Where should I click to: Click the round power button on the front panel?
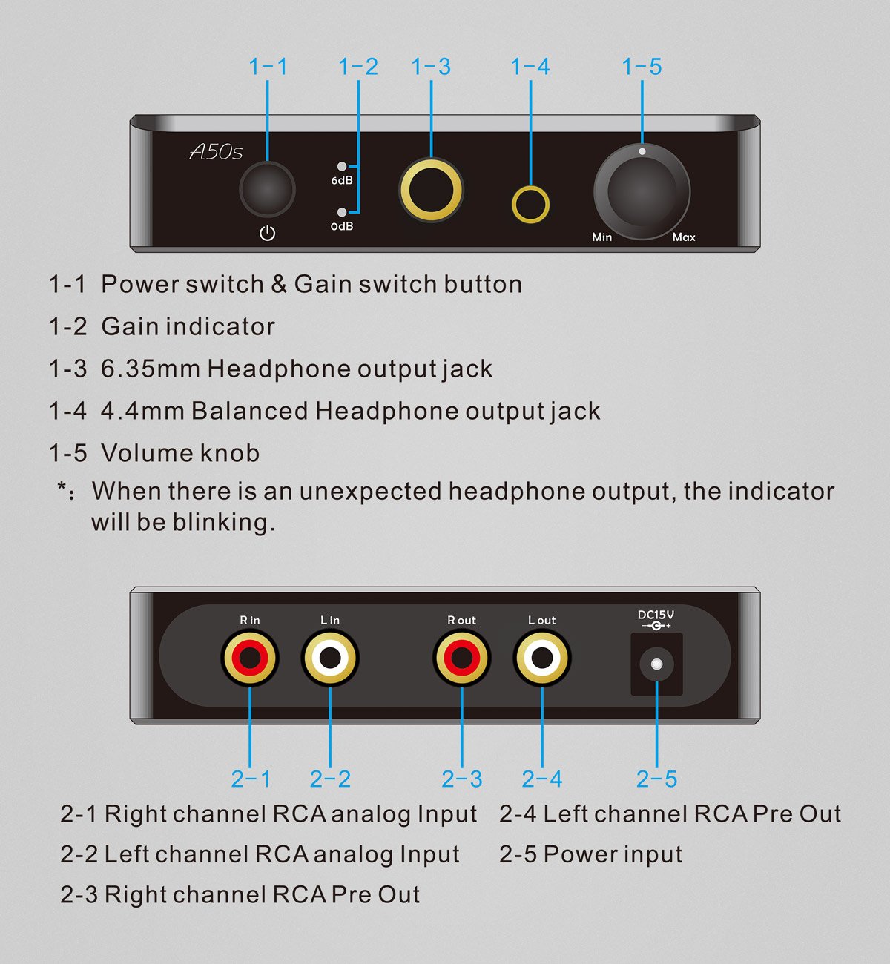pos(267,190)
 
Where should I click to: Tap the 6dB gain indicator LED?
pos(341,167)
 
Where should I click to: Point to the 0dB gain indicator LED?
pos(341,212)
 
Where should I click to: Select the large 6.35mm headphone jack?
pos(431,190)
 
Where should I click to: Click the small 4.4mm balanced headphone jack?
pos(530,204)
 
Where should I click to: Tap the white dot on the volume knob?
pos(642,151)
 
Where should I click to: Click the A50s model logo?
pos(216,152)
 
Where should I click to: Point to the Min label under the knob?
pos(601,237)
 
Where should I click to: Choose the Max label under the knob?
pos(683,237)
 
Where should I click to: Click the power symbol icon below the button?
pos(267,234)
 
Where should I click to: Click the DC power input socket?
pos(656,664)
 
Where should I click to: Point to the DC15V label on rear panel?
pos(656,615)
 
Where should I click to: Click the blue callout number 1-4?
pos(530,67)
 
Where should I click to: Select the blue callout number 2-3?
pos(461,779)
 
